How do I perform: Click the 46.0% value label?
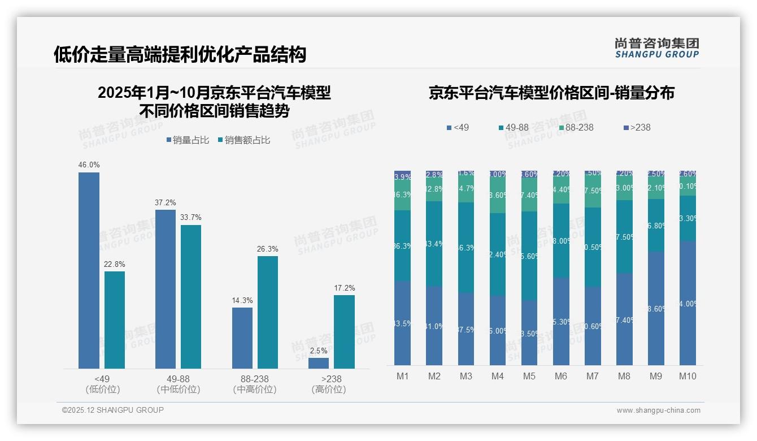(x=89, y=165)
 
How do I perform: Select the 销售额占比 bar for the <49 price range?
(x=115, y=320)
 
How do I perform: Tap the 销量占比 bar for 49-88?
(x=166, y=289)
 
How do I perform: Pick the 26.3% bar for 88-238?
(x=268, y=312)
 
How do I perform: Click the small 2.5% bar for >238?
(x=319, y=363)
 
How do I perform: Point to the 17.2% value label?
(x=345, y=288)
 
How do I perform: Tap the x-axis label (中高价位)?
(x=255, y=390)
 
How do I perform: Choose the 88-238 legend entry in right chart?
(x=576, y=128)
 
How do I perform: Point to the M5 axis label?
(x=529, y=377)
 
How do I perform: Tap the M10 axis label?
(x=688, y=377)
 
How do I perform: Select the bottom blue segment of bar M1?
(x=403, y=323)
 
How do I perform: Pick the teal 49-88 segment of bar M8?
(x=624, y=237)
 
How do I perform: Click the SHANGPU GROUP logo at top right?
(x=656, y=47)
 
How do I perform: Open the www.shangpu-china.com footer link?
(x=658, y=410)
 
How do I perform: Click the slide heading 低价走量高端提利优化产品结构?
(x=180, y=54)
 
